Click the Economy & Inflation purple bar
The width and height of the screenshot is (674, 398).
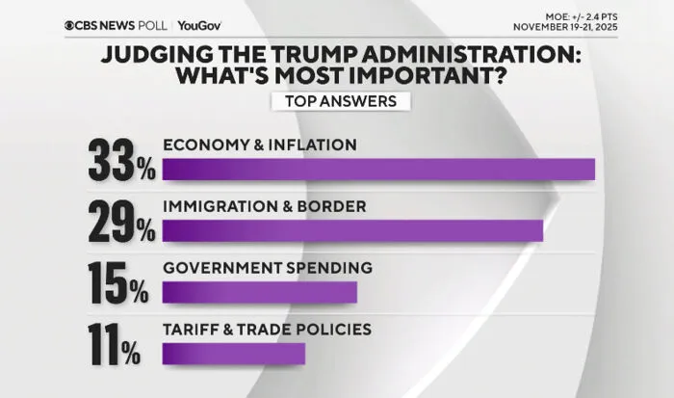[378, 169]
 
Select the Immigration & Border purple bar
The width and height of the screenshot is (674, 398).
[352, 230]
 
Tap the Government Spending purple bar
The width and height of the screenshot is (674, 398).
[260, 292]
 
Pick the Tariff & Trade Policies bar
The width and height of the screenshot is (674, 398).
[233, 354]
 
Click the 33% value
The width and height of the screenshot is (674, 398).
[121, 160]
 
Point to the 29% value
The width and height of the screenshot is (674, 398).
[121, 222]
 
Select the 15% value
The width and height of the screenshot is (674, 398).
[118, 283]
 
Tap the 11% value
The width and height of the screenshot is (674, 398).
[115, 345]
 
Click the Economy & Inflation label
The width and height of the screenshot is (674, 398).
[260, 145]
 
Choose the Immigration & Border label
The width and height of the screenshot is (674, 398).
[265, 206]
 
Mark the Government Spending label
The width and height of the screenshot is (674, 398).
[268, 268]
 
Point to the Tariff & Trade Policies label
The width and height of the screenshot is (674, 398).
[267, 330]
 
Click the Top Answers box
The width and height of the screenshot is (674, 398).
[341, 101]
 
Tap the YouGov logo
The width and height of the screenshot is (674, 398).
[199, 26]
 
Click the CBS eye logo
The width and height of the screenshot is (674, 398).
[69, 26]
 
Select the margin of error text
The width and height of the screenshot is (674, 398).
[582, 17]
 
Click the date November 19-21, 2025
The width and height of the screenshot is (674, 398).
[565, 27]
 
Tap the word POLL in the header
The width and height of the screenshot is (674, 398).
[152, 26]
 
